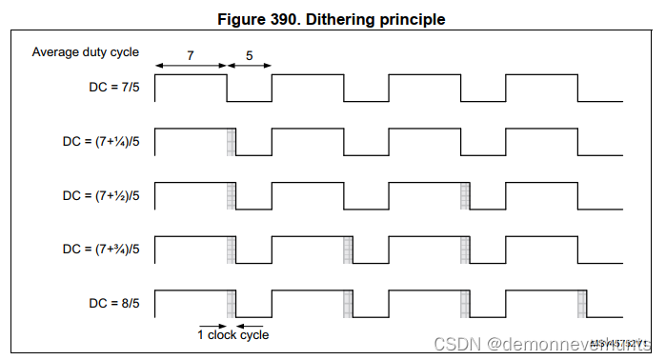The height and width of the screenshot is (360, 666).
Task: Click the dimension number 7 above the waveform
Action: (x=191, y=56)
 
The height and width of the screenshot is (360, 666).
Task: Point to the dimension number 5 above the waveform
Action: (x=249, y=56)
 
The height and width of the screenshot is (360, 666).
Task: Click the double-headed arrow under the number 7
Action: (x=191, y=67)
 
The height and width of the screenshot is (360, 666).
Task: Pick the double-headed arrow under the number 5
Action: (x=250, y=67)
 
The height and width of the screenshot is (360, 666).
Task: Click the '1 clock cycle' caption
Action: (x=232, y=334)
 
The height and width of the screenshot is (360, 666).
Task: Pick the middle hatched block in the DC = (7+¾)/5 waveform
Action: (x=348, y=250)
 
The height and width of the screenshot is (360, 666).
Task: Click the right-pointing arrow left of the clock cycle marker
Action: (x=216, y=323)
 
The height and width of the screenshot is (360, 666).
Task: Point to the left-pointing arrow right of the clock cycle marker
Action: (x=245, y=323)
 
